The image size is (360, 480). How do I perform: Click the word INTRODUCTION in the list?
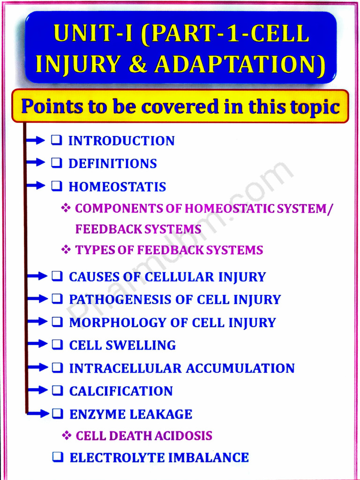point(121,141)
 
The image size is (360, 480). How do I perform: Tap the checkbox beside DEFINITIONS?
point(57,163)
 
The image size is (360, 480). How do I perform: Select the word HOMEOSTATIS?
point(117,187)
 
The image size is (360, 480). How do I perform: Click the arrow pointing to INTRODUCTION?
point(37,140)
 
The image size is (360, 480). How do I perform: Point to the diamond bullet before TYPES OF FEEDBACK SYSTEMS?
point(66,250)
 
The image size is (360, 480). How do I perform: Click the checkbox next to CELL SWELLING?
point(57,345)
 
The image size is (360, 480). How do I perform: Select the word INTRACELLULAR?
point(125,368)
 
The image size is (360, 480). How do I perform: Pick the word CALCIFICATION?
point(121,391)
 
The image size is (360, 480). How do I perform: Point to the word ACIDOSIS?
point(187,436)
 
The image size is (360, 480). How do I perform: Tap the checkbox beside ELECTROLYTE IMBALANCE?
point(57,457)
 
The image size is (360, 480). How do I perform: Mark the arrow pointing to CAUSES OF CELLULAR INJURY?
point(37,276)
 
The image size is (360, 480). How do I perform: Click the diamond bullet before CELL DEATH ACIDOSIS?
point(67,436)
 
